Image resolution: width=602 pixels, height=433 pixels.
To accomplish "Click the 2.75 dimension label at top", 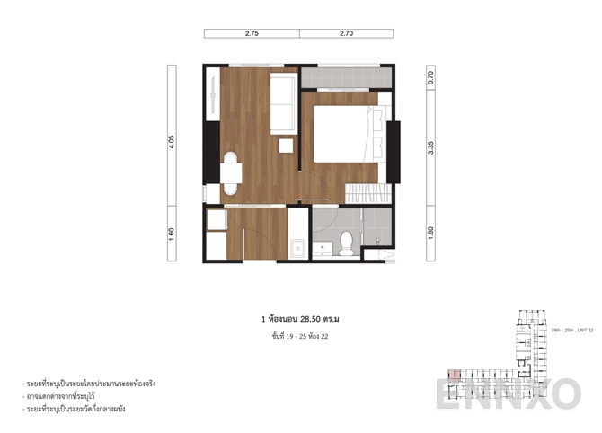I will (x=252, y=33).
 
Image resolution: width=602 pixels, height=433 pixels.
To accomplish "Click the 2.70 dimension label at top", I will (x=346, y=33).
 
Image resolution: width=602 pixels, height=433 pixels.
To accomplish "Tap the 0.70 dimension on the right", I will (x=432, y=76).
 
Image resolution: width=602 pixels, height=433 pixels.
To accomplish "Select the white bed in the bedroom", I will (x=340, y=134).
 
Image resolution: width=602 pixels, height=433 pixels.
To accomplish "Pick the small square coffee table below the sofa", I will (x=287, y=146).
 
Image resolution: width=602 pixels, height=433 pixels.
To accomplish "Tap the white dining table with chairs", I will (x=232, y=173).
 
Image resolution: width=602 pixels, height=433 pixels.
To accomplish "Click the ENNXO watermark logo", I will (x=509, y=393).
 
